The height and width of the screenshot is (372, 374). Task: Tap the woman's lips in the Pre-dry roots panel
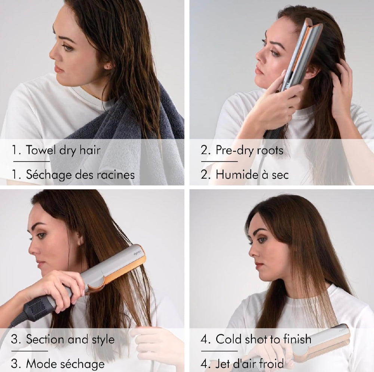click(x=259, y=70)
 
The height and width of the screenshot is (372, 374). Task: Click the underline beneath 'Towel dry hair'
click(x=31, y=161)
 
